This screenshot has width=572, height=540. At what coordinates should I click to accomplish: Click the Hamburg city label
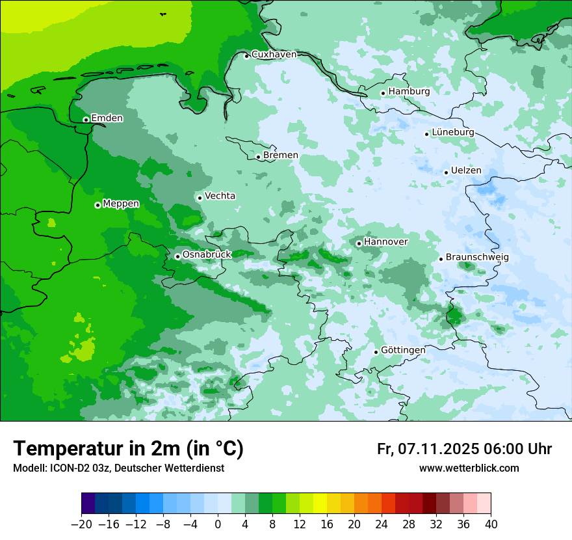click(409, 92)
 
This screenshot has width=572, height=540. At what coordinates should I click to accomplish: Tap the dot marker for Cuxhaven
click(247, 56)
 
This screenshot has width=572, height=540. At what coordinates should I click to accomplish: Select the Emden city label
click(107, 118)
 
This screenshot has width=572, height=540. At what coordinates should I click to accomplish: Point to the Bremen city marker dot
click(258, 157)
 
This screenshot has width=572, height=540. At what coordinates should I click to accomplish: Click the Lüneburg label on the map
click(452, 132)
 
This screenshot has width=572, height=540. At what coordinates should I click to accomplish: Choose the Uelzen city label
click(466, 170)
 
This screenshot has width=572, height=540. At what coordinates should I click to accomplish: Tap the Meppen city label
click(121, 204)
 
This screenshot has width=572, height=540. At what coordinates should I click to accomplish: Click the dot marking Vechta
click(200, 198)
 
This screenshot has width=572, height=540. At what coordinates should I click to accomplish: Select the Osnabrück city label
click(207, 254)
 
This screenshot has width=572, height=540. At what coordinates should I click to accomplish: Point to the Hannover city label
click(385, 242)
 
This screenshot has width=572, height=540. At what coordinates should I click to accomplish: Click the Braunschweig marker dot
click(441, 259)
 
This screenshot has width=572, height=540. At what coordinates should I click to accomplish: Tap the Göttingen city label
click(403, 350)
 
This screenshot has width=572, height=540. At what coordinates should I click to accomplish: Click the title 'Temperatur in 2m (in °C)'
click(128, 449)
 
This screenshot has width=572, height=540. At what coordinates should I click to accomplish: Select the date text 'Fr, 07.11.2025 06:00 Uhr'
click(464, 449)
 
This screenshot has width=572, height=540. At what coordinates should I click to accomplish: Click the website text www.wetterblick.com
click(469, 468)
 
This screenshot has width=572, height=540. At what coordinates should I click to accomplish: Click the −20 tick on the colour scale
click(81, 524)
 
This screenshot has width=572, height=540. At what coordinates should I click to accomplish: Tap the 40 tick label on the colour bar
click(491, 524)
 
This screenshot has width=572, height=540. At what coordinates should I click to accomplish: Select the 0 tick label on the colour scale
click(218, 524)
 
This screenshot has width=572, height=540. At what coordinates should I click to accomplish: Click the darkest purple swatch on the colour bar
click(88, 504)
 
